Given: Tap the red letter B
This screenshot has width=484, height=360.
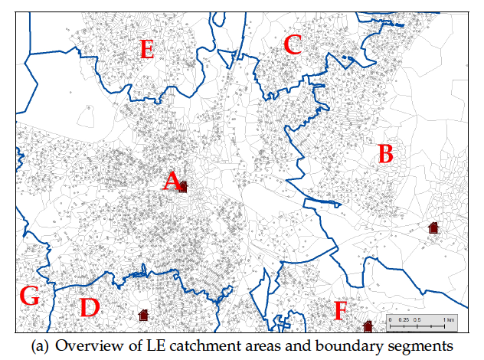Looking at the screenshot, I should coord(386,154).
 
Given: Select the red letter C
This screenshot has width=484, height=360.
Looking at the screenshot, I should coord(292,45).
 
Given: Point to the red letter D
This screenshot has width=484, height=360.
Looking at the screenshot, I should coord(90,308).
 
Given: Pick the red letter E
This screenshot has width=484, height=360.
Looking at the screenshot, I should coord(147,50).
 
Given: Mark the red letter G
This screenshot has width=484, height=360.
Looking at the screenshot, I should coord(29,296).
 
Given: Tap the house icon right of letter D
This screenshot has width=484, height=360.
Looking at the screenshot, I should coord(143,314).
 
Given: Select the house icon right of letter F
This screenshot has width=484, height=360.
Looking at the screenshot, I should coord(368,326).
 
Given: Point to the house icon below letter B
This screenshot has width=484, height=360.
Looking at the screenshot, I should coord(433,227).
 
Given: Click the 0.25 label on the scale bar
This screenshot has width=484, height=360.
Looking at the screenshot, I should coord(404,318).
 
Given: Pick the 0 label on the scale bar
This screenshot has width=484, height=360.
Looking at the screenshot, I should coord(390,318).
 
